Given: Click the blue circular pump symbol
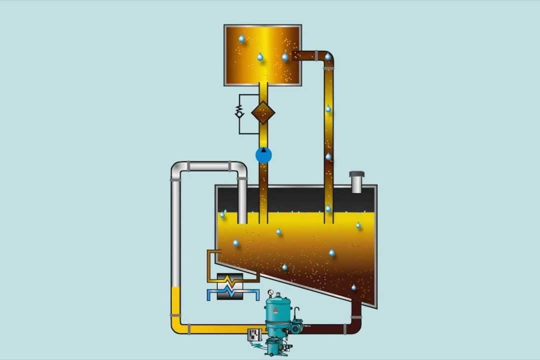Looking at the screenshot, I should pos(263,155).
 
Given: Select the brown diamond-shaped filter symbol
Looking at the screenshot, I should pos(263,112).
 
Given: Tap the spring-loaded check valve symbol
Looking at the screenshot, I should pos(239,111).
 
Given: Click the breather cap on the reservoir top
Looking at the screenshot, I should pos(357,181).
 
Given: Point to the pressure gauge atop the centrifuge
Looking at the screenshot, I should pos(270,292).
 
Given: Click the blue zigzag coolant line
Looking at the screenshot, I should pos(231,291).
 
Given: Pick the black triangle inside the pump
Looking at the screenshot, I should pos(263,150).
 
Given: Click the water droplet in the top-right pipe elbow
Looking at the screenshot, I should pos(328,57).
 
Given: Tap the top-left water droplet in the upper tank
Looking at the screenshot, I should pos(242,38).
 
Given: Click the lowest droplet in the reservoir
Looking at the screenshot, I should pos(354,287).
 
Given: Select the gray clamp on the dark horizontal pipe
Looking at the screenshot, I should pos(344,328).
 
